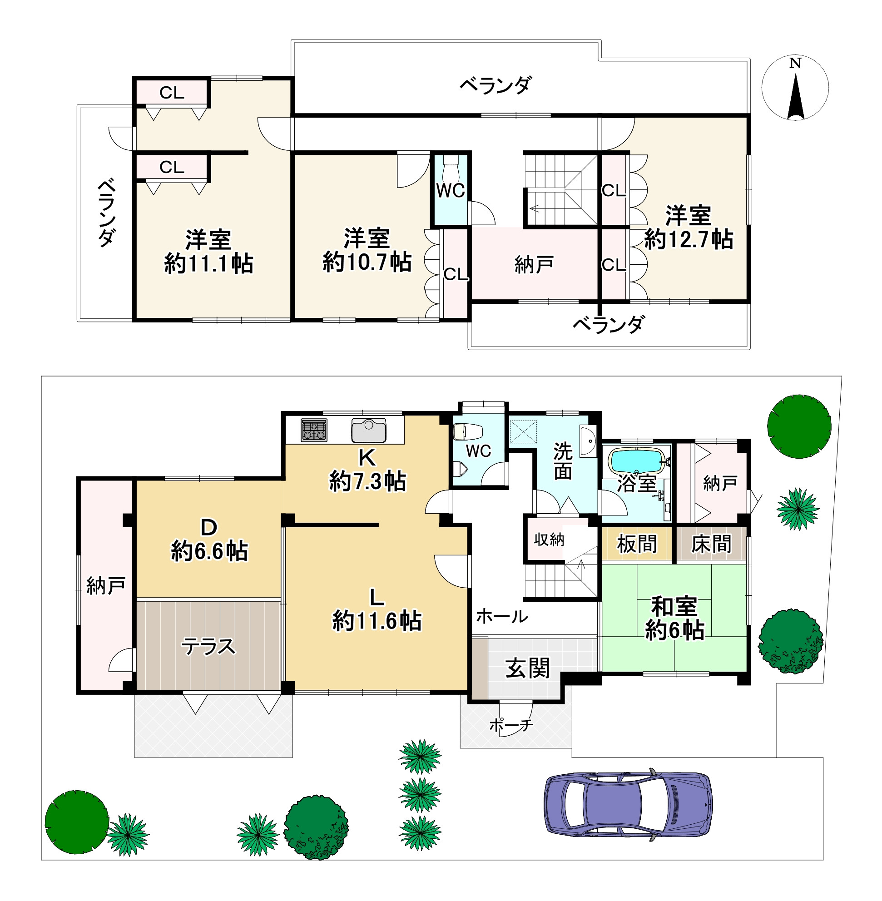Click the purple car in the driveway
tap(628, 804)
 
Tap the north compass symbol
tap(795, 88)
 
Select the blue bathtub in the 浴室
tap(636, 460)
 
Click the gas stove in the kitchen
tap(314, 430)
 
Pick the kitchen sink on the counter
tap(369, 431)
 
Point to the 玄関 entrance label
tap(528, 668)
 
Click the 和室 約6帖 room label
tap(674, 619)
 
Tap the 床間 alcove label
tap(711, 544)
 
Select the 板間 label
tap(637, 544)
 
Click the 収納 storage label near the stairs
tap(549, 540)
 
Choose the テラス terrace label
tap(208, 646)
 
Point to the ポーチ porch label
tap(511, 725)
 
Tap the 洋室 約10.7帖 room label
tap(367, 250)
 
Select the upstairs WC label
tap(450, 190)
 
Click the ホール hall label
tap(502, 616)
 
